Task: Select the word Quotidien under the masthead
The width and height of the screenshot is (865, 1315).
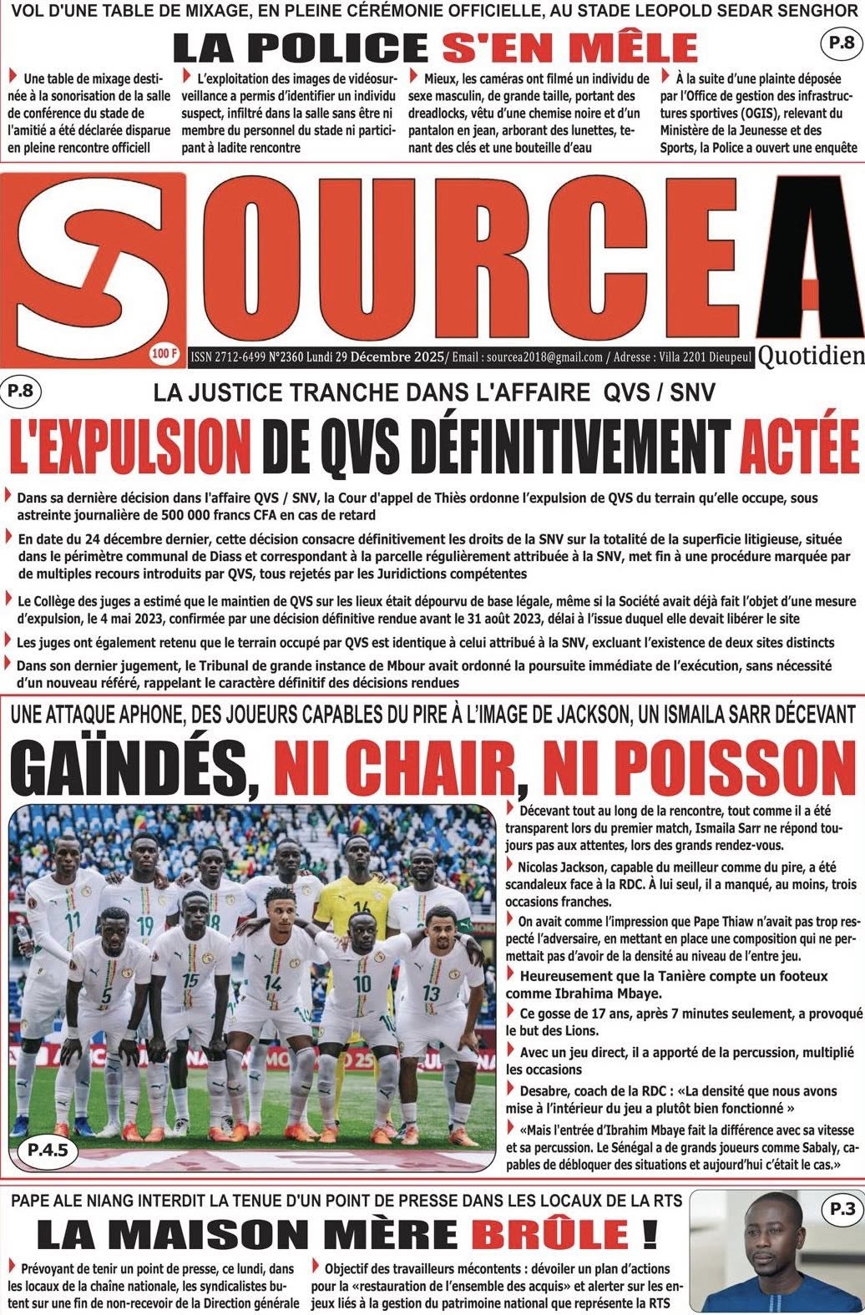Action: [x=812, y=357]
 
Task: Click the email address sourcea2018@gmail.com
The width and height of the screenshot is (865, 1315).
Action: [x=545, y=357]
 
